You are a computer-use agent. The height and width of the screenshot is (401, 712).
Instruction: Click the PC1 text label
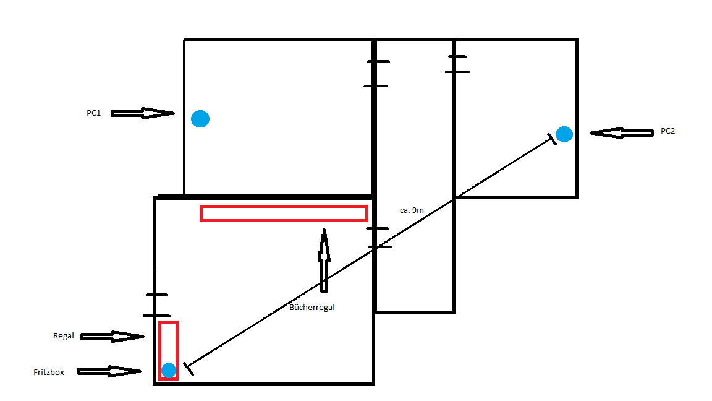pos(93,113)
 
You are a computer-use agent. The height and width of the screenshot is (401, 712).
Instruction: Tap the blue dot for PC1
pos(200,119)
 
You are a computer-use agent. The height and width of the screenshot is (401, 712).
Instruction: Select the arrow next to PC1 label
pos(143,113)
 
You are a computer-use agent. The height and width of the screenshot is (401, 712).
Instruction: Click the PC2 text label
pos(667,131)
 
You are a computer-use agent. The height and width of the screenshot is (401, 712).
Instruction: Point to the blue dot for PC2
pos(564,134)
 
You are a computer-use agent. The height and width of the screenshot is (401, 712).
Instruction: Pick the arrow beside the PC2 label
pos(622,133)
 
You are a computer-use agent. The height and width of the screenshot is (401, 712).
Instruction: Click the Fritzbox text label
pos(49,372)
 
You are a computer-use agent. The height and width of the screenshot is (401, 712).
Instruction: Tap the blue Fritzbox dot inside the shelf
pos(169,370)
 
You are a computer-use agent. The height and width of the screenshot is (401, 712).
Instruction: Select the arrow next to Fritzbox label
pos(109,371)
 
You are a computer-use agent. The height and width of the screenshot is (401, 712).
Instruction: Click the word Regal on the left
pos(63,336)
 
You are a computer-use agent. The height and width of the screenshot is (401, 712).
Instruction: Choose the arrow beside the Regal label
pos(112,337)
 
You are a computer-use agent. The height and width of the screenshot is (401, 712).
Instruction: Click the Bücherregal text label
pos(311,308)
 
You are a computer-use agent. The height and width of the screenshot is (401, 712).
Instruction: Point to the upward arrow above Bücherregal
pos(324,260)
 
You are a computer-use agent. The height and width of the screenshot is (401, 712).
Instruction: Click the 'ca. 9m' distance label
pos(412,210)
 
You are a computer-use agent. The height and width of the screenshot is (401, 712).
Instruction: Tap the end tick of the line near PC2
pos(552,139)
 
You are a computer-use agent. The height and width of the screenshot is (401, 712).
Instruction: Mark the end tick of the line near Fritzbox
pos(189,369)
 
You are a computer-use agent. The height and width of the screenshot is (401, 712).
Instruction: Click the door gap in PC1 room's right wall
pos(376,73)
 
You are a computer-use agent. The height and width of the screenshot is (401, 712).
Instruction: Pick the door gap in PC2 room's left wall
pos(456,64)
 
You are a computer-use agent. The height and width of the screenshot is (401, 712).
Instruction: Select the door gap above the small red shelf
pos(156,305)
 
